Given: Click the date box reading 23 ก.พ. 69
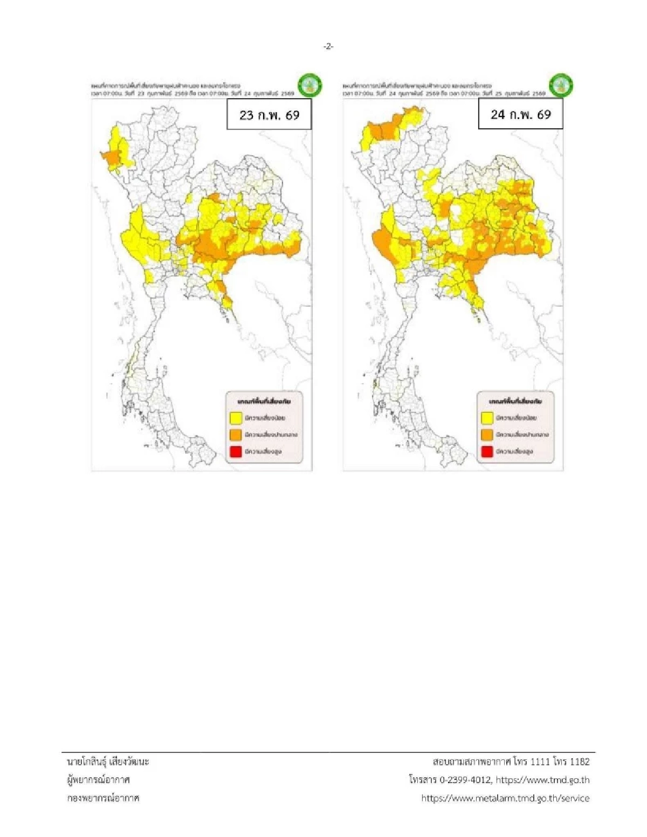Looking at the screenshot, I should pos(269,114).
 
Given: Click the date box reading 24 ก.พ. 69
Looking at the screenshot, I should pos(520,114).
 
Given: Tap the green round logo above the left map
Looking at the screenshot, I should pos(310,85).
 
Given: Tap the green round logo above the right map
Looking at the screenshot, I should pos(561,85).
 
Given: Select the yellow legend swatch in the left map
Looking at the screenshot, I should pos(235,418).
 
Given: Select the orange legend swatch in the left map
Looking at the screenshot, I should pos(235,434).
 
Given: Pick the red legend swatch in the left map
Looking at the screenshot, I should pos(235,451).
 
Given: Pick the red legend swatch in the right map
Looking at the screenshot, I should pos(487,451).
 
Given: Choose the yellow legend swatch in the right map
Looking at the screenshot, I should pos(487,418).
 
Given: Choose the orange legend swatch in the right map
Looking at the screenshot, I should pos(487,434).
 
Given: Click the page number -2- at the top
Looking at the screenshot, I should pos(328,47).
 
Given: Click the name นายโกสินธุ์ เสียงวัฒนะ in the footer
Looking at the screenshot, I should pos(108,762).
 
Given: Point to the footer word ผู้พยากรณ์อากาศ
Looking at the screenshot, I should pos(98,780).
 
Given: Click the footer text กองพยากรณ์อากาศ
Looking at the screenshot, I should pos(103,798).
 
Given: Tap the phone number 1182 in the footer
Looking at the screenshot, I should pos(579,762).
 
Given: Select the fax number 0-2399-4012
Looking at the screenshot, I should pos(465,780).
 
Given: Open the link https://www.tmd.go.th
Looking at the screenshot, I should pos(542,780).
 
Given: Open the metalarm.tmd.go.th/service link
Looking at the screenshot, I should pos(505,798).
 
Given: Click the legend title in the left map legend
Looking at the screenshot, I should pos(264,402).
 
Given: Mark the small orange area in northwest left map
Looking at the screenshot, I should pos(112,157).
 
